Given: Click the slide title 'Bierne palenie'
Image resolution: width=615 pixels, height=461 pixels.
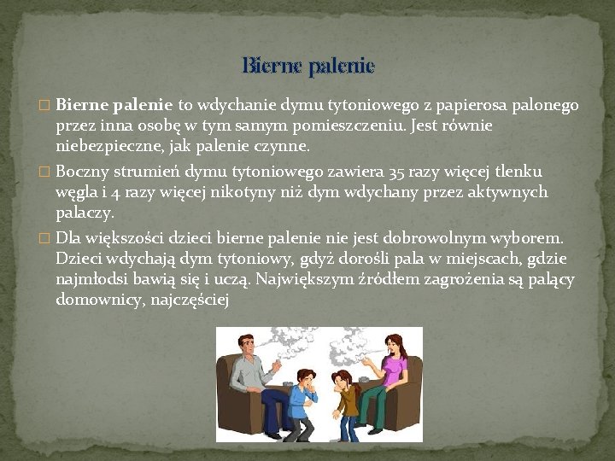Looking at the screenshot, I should click(x=307, y=65).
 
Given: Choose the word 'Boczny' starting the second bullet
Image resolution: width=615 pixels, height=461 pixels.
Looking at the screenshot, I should click(x=82, y=172).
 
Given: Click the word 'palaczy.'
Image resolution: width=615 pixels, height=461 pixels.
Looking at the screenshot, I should click(x=84, y=212).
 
